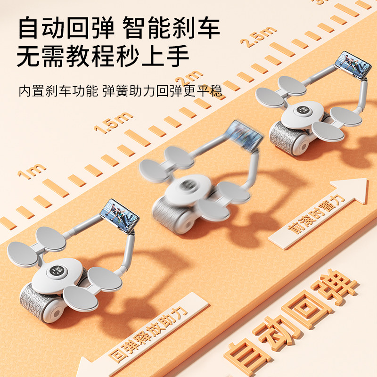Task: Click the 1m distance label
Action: point(32,171)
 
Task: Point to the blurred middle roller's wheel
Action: point(174,214)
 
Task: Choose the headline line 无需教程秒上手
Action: point(103,57)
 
